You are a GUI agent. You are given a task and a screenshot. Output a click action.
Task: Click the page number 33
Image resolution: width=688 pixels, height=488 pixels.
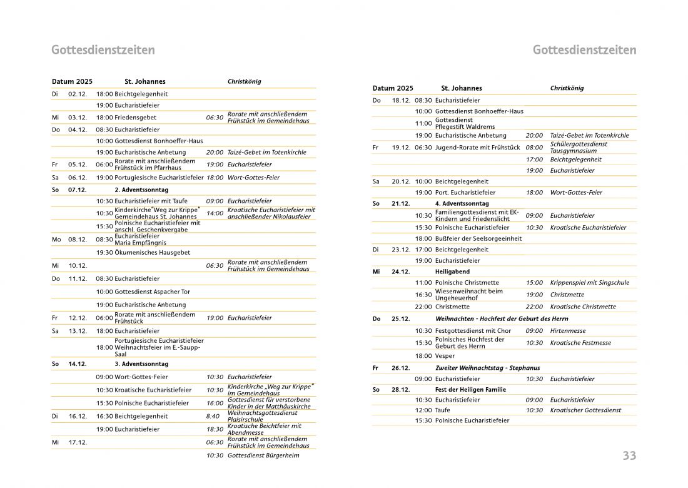click(629, 455)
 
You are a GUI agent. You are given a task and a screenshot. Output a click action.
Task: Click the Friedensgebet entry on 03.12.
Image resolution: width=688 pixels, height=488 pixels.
click(135, 118)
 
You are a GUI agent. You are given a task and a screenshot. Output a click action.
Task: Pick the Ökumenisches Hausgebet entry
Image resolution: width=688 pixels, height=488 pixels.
click(152, 252)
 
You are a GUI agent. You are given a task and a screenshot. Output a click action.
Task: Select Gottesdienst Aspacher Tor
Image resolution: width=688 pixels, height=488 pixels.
click(152, 292)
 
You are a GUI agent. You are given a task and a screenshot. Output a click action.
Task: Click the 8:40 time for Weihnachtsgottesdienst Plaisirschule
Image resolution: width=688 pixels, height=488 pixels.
click(213, 416)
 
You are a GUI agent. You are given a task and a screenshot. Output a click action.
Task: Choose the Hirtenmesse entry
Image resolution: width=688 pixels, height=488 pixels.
click(568, 330)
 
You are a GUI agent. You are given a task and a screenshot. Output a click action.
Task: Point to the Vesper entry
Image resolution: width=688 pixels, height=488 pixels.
click(445, 355)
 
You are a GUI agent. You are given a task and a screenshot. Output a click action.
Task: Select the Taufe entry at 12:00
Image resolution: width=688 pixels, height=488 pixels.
click(442, 410)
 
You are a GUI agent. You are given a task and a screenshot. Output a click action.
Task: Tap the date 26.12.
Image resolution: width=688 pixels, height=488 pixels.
click(400, 368)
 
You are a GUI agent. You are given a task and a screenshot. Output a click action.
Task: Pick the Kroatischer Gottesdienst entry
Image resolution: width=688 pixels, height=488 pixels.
click(585, 410)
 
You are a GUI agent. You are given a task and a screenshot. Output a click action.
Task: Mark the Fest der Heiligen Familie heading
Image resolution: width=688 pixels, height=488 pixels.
click(470, 389)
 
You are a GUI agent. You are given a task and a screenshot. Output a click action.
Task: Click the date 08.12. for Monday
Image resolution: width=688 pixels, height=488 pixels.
click(78, 239)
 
